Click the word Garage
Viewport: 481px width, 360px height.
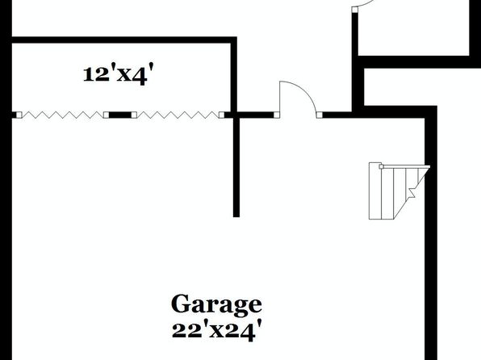216,305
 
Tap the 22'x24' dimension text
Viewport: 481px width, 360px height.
217,331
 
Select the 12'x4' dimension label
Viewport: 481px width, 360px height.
118,75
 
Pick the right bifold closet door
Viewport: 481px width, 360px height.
178,115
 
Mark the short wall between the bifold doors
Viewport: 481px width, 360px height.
120,115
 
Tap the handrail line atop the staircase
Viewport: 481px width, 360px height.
406,166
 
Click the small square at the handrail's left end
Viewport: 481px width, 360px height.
381,166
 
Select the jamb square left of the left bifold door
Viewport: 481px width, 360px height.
19,115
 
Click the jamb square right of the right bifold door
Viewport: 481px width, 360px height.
222,115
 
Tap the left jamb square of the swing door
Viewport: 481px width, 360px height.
277,115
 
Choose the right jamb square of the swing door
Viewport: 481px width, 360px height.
320,115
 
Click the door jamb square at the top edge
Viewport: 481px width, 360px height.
355,10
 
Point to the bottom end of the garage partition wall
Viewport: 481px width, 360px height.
236,216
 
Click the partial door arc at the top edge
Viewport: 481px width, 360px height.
364,4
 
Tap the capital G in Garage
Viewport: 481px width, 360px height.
182,303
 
